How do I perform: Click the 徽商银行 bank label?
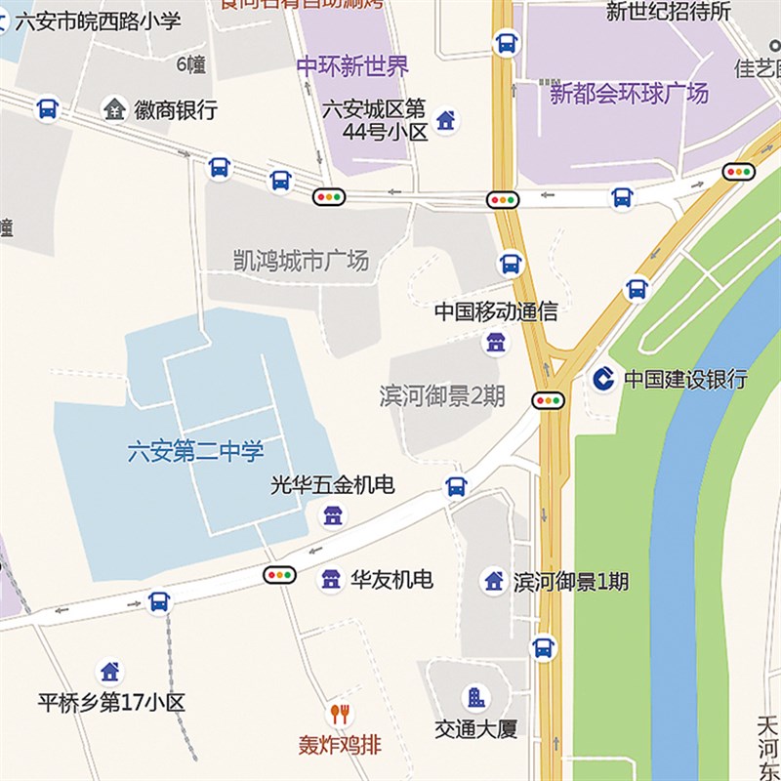tap(176, 110)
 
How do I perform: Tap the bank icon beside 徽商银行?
tap(115, 109)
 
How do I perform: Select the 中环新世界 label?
tap(352, 66)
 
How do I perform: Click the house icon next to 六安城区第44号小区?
tap(445, 120)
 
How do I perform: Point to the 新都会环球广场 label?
tap(629, 94)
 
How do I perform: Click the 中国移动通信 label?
tap(496, 312)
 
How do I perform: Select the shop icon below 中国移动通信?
tap(496, 342)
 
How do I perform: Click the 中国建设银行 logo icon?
tap(602, 379)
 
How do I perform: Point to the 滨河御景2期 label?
tap(442, 396)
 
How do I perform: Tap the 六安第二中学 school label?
tap(196, 452)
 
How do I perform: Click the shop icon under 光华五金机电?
tap(333, 514)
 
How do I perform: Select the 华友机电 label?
tap(391, 580)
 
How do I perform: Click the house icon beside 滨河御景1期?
tap(494, 581)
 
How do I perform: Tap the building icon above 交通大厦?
tap(475, 697)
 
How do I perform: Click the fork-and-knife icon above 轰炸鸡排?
tap(340, 714)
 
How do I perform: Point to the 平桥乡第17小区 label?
tap(111, 703)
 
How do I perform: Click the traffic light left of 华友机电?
tap(279, 575)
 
